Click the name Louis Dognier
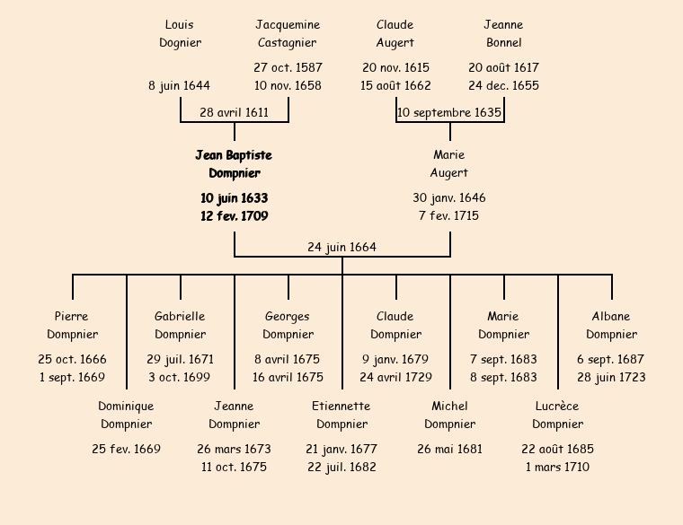coord(180,33)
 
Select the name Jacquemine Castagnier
coord(288,33)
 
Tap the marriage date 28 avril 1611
coord(234,113)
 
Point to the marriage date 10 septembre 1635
coord(449,113)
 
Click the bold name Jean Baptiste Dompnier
coord(234,164)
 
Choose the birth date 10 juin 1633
coord(234,197)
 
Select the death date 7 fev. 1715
coord(449,215)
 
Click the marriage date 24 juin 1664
coord(341,248)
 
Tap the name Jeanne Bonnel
coord(503,33)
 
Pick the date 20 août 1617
coord(503,67)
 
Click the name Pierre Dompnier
coord(72,325)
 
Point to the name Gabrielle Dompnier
coord(180,325)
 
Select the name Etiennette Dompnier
coord(341,415)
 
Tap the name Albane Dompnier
coord(611,325)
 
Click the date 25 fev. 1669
coord(126,449)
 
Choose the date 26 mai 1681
coord(449,449)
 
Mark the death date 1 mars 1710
coord(557,467)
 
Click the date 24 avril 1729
coord(395,377)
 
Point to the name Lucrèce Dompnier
coord(557,415)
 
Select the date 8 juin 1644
coord(180,85)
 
